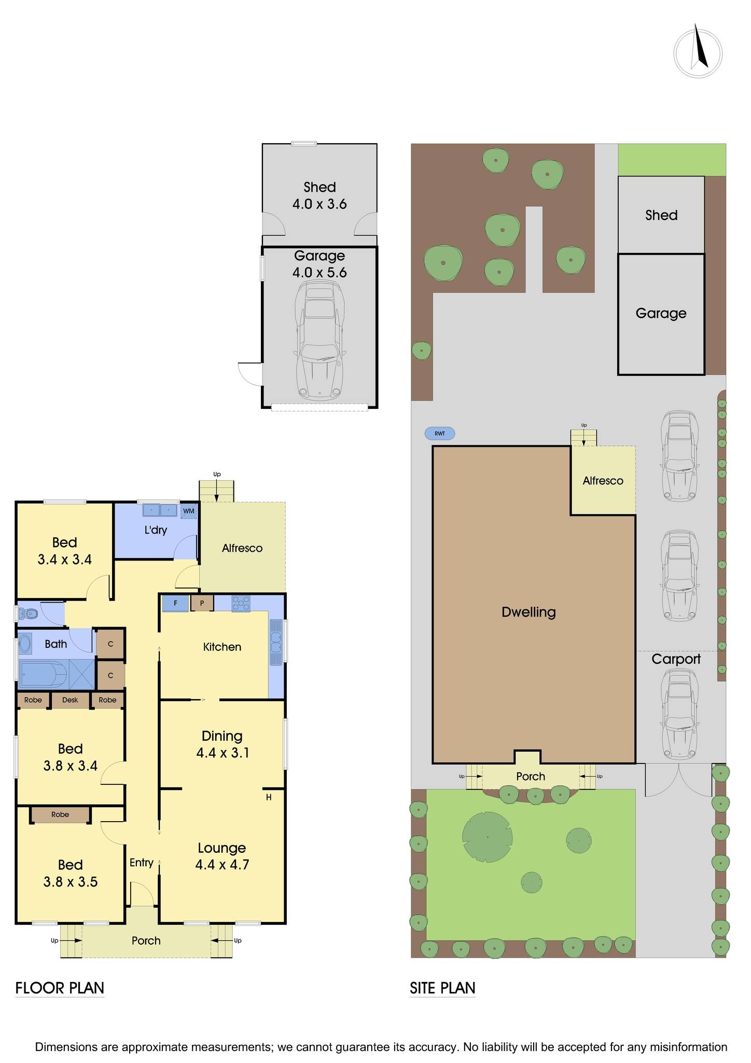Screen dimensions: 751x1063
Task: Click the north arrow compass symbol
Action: coord(698,52)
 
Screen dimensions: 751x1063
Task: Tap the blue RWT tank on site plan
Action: coord(440,433)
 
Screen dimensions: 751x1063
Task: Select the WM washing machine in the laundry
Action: coord(189,511)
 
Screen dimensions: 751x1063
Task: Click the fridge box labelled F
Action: coord(175,603)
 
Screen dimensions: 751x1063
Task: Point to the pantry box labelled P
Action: coord(202,603)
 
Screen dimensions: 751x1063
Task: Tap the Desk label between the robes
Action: coord(70,700)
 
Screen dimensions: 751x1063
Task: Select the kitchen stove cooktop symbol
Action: coord(241,603)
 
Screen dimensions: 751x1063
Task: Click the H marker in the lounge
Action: coord(269,797)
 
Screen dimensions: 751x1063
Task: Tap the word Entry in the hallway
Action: coord(142,863)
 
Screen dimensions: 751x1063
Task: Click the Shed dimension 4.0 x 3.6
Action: coord(319,204)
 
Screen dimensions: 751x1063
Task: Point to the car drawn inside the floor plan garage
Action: coord(319,339)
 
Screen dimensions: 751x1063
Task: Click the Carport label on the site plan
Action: coord(676,659)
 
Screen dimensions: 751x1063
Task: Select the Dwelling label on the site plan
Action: coord(529,612)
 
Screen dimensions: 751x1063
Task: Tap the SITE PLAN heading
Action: coord(442,988)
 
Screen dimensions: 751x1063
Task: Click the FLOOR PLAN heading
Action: coord(60,988)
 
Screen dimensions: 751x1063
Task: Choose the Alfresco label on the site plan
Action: coord(603,481)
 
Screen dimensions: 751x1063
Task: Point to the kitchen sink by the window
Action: coord(276,642)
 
